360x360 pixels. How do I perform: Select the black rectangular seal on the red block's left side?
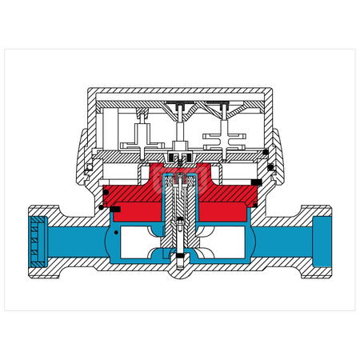coord(115,210)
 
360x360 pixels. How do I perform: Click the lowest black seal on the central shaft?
coord(180,257)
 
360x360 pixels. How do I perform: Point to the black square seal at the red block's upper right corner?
coord(255,186)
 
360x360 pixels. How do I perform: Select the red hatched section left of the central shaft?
coord(136,196)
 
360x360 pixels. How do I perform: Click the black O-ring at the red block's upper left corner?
coord(104,186)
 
